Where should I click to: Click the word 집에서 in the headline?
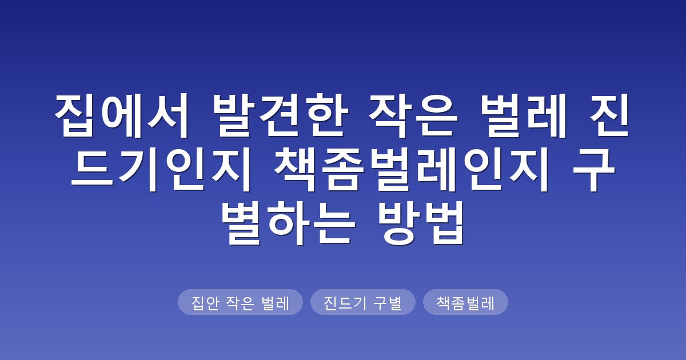[x=122, y=115]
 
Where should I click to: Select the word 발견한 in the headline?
[x=280, y=115]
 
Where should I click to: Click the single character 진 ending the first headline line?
[x=609, y=115]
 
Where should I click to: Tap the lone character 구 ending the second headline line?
[x=594, y=169]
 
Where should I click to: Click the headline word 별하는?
[x=288, y=223]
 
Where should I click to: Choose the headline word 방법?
[x=421, y=223]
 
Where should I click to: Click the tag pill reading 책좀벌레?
[x=465, y=302]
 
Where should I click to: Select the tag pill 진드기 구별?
[x=362, y=302]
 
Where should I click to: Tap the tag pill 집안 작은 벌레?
[x=240, y=302]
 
